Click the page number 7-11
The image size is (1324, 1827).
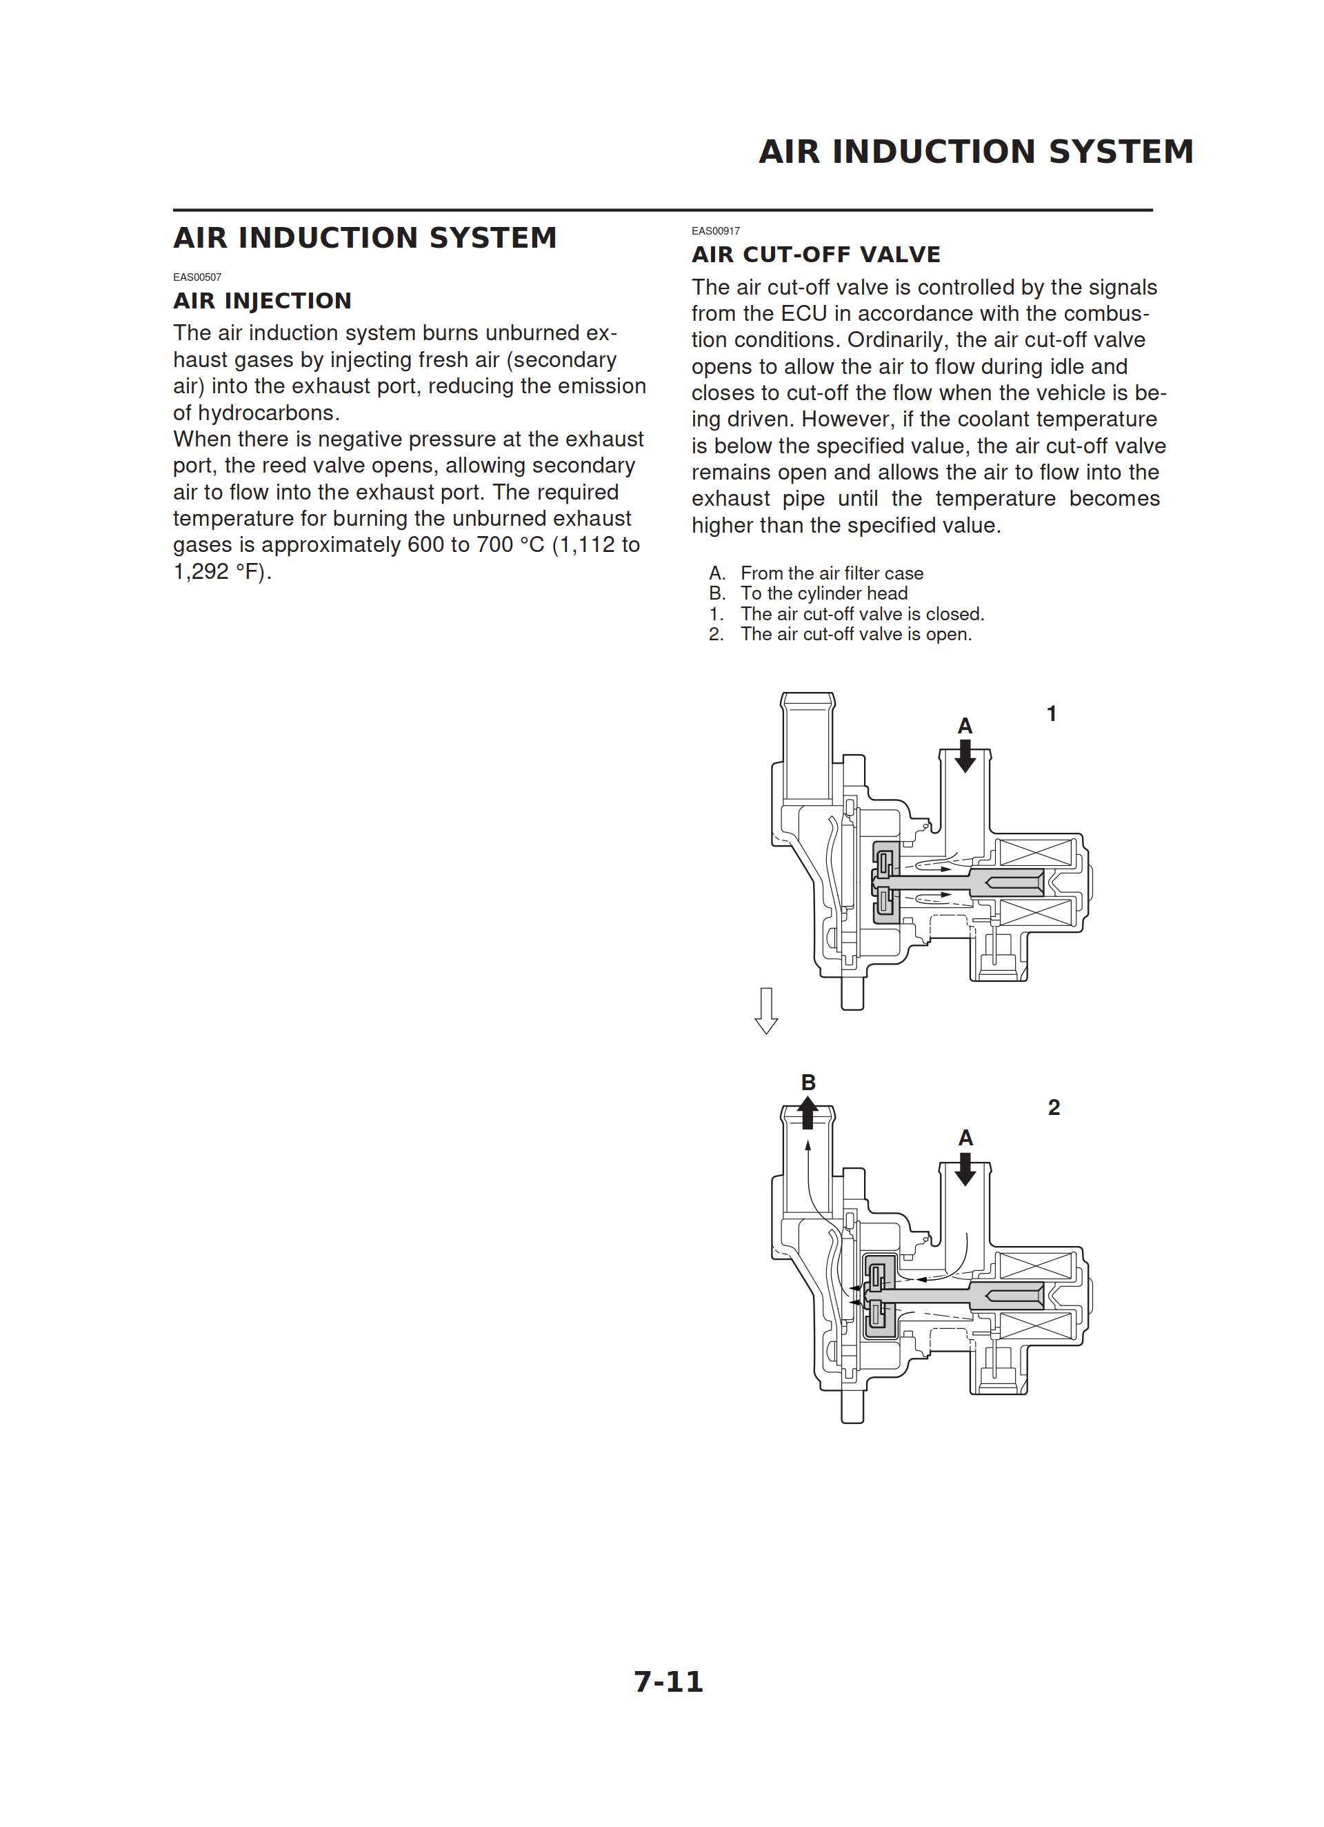point(668,1681)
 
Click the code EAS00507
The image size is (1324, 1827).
point(197,277)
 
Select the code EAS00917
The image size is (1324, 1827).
point(715,231)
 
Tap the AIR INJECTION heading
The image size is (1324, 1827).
point(263,302)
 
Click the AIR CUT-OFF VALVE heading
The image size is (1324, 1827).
point(815,255)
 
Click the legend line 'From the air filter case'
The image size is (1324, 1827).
point(831,573)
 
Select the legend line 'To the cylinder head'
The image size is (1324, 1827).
point(823,593)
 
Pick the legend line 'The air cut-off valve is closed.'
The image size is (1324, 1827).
point(862,614)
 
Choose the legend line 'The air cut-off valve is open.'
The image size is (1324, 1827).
point(855,634)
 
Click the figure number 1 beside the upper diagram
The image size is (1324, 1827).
point(1051,713)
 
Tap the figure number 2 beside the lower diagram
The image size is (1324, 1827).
point(1054,1107)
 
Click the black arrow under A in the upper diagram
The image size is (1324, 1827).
point(965,756)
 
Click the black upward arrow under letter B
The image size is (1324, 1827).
point(808,1114)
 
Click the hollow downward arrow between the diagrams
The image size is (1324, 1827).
point(766,1011)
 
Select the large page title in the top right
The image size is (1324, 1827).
point(975,151)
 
